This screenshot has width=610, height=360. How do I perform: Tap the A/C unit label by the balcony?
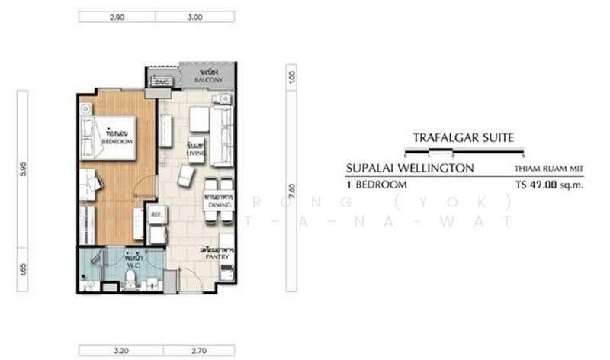160,82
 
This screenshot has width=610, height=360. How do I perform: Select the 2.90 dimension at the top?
117,15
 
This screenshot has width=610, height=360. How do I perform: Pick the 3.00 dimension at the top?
197,15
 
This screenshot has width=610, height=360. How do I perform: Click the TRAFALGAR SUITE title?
458,138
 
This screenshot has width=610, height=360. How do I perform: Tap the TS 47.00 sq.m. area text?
549,185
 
